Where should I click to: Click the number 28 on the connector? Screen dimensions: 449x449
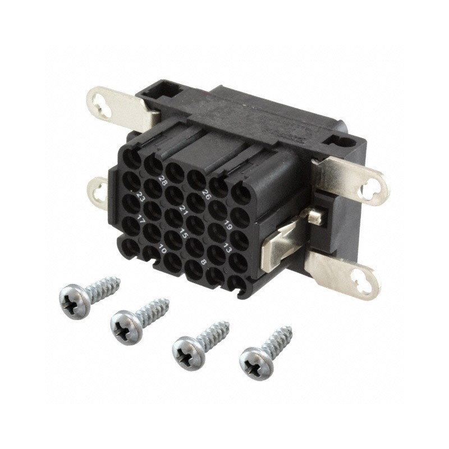pos(164,181)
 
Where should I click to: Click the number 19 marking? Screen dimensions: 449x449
pos(228,226)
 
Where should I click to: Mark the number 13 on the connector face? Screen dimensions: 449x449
pos(227,248)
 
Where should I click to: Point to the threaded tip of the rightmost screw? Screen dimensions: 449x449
pos(288,329)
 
